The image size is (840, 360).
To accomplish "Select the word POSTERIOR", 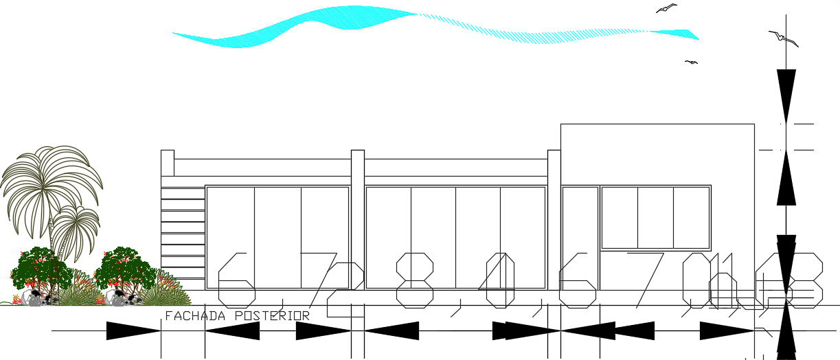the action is click(272, 316).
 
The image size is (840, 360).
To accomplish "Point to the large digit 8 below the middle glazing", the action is click(415, 280).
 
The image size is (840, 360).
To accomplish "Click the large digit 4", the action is click(500, 280).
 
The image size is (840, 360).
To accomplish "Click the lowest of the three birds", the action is click(692, 63).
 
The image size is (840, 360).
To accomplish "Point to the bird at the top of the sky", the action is click(666, 8).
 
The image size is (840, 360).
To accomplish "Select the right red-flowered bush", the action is click(125, 268).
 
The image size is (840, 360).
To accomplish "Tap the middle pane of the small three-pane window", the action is click(655, 217).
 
